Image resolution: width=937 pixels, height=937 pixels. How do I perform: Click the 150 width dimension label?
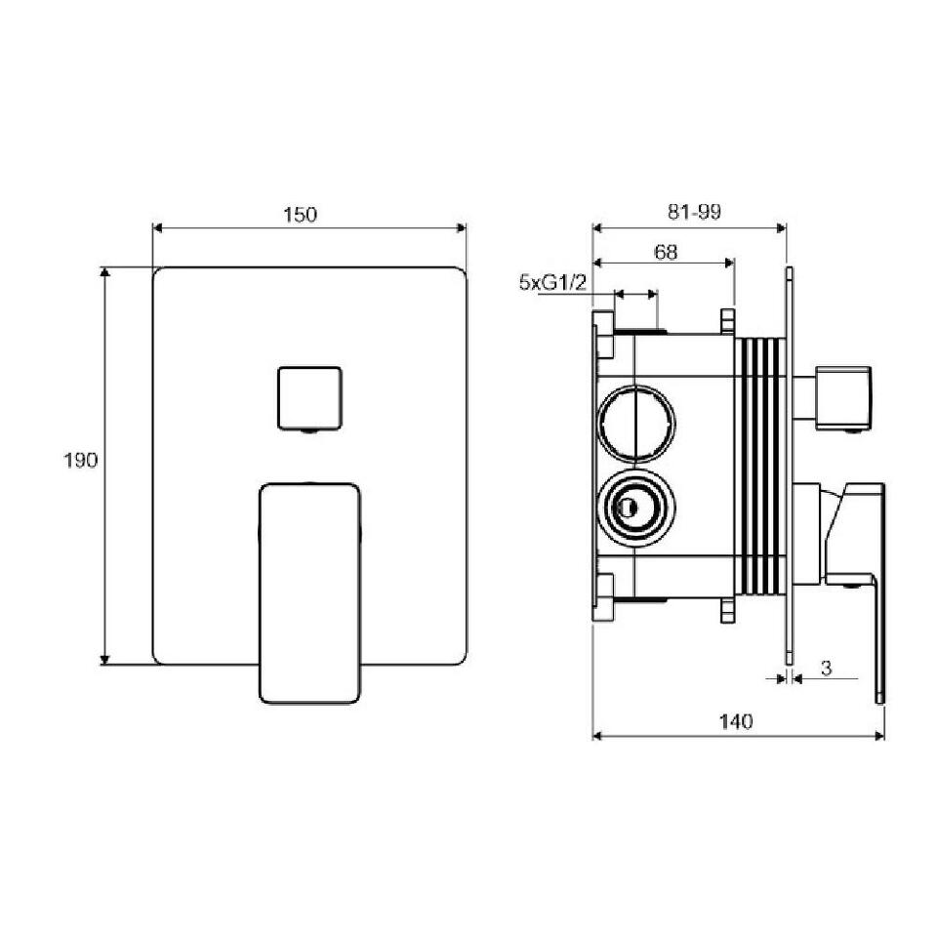(300, 215)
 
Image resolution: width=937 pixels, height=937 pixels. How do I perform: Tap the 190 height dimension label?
(80, 460)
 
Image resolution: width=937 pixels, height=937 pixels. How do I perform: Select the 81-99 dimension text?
(694, 212)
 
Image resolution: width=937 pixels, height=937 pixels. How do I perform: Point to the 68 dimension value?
(667, 252)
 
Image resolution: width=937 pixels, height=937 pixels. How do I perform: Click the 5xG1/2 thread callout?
(552, 281)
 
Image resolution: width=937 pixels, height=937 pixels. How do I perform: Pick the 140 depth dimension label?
(736, 722)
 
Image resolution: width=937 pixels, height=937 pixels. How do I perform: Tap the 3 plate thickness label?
(826, 668)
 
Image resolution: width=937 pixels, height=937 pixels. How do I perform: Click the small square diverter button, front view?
(309, 398)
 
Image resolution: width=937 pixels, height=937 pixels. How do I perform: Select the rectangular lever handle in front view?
(309, 592)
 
